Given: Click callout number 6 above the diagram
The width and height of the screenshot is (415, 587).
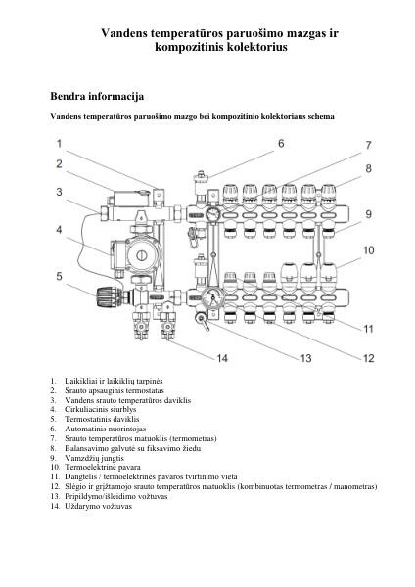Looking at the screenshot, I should [x=281, y=143].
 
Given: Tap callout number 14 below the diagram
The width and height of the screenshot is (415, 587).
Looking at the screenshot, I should [x=222, y=359].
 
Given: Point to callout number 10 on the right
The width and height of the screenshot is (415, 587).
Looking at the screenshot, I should [x=369, y=250].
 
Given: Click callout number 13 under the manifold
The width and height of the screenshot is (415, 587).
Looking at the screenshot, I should [x=306, y=359].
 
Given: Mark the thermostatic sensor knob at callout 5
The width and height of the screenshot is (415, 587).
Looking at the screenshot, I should [x=103, y=293].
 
